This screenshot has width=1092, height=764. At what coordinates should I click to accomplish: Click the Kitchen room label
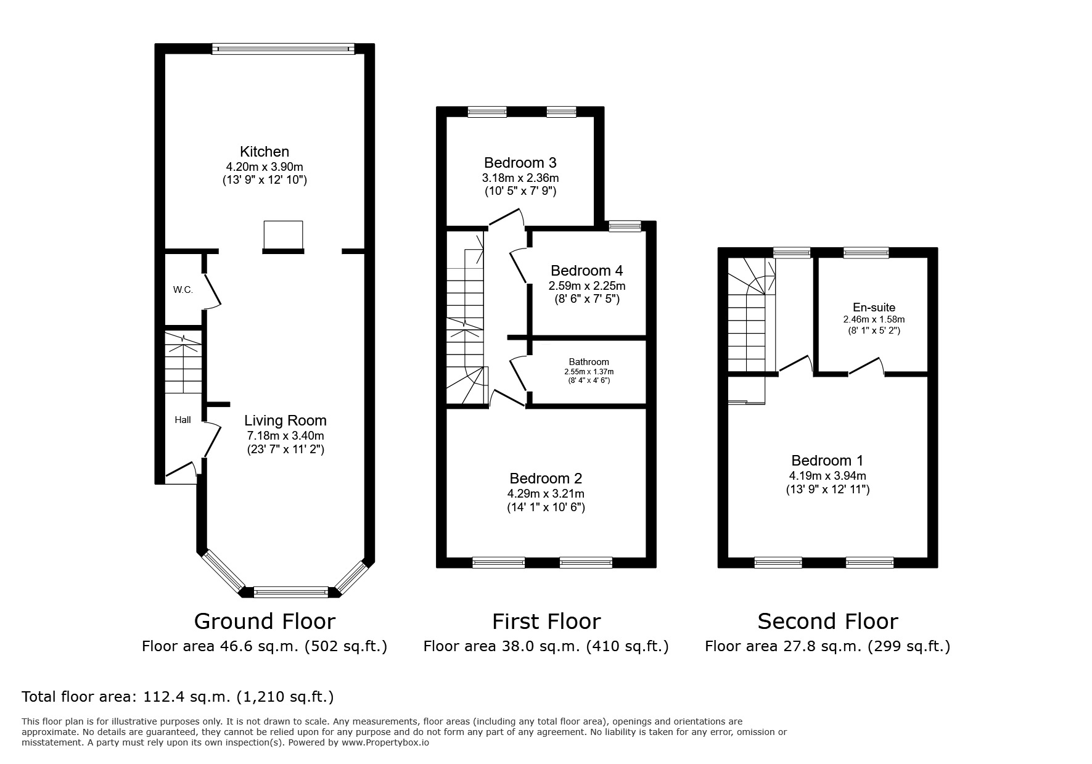pyautogui.click(x=264, y=152)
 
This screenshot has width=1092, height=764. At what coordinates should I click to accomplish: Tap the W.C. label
pyautogui.click(x=183, y=289)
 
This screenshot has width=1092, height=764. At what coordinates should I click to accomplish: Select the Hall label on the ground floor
pyautogui.click(x=183, y=420)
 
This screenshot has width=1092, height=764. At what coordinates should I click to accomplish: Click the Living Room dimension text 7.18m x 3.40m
pyautogui.click(x=285, y=435)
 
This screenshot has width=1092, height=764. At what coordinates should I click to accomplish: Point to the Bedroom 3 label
pyautogui.click(x=520, y=163)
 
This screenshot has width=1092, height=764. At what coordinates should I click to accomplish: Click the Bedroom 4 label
pyautogui.click(x=586, y=271)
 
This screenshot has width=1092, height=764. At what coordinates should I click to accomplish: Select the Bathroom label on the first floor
pyautogui.click(x=588, y=362)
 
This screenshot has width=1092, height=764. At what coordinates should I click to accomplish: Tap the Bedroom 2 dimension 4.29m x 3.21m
pyautogui.click(x=546, y=493)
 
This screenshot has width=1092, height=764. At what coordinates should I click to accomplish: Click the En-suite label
pyautogui.click(x=874, y=307)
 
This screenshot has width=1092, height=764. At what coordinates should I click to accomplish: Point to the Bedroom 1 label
pyautogui.click(x=827, y=461)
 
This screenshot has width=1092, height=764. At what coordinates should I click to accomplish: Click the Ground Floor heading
pyautogui.click(x=265, y=621)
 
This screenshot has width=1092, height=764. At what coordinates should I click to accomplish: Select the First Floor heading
pyautogui.click(x=546, y=621)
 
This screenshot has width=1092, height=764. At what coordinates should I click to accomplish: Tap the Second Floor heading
pyautogui.click(x=827, y=621)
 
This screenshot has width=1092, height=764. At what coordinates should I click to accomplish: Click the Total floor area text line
pyautogui.click(x=178, y=697)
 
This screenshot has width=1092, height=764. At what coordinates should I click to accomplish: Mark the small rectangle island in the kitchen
pyautogui.click(x=283, y=234)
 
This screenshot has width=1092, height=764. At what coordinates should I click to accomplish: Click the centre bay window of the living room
pyautogui.click(x=290, y=593)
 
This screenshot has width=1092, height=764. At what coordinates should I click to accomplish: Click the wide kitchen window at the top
pyautogui.click(x=283, y=49)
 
